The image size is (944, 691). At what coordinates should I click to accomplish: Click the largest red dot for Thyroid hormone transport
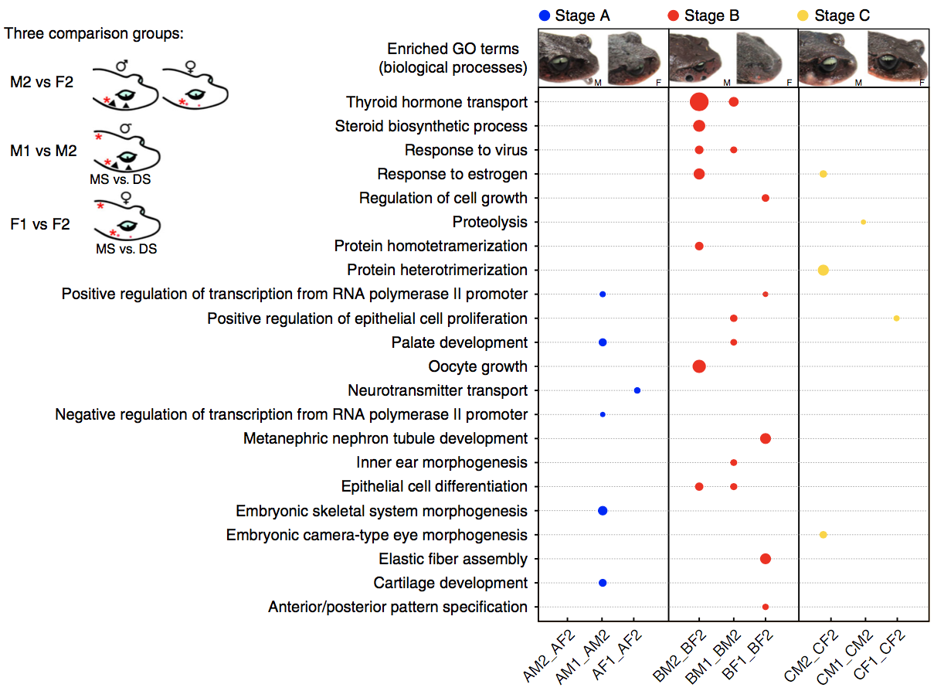[x=699, y=102]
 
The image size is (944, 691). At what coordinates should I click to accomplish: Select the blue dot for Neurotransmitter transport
[x=637, y=390]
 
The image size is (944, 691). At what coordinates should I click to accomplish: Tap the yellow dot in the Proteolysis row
[x=863, y=222]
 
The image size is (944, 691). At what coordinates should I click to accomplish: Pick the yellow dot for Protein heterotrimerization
[x=823, y=271]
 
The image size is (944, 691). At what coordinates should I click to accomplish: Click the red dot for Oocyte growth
[x=699, y=366]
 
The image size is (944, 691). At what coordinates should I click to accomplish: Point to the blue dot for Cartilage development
[x=603, y=583]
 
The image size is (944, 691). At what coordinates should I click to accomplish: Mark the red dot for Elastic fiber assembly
[x=766, y=559]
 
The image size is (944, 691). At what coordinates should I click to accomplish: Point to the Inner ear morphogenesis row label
[x=442, y=463]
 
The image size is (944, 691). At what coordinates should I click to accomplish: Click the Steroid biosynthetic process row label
[x=431, y=126]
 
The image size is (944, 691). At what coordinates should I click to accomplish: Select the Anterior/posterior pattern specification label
[x=398, y=607]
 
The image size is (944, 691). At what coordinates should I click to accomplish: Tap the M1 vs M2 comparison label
[x=44, y=151]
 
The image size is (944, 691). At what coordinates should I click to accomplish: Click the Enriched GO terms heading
[x=453, y=59]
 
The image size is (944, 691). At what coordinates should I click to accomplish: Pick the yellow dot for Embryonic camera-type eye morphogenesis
[x=823, y=535]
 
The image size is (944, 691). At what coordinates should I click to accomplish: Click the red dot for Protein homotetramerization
[x=699, y=246]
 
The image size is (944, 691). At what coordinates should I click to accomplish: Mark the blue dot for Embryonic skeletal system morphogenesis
[x=603, y=511]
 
